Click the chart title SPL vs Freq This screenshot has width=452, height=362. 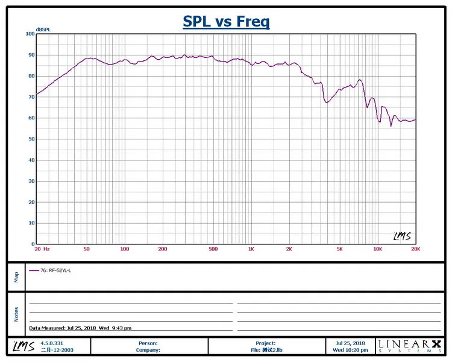click(x=226, y=22)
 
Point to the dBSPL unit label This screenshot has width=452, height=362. click(x=43, y=30)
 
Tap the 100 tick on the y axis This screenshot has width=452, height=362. click(x=30, y=34)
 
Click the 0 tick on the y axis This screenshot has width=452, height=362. click(x=33, y=244)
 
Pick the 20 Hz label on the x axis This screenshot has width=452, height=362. click(x=42, y=249)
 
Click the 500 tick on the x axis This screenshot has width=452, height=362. click(x=213, y=249)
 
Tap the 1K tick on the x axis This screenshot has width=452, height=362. click(x=251, y=249)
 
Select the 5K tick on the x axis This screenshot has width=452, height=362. click(x=339, y=249)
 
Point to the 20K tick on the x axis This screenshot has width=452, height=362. click(x=415, y=249)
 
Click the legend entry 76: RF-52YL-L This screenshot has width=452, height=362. click(x=55, y=270)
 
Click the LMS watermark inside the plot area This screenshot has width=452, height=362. click(x=402, y=236)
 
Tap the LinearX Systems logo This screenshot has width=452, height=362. click(x=409, y=346)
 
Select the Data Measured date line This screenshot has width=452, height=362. click(x=80, y=328)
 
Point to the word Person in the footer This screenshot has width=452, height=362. click(x=148, y=343)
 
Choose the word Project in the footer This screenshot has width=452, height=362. click(x=265, y=343)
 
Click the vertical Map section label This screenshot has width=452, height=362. click(x=16, y=276)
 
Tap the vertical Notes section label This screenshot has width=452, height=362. click(x=16, y=314)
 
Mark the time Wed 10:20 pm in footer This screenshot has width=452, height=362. click(x=350, y=349)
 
